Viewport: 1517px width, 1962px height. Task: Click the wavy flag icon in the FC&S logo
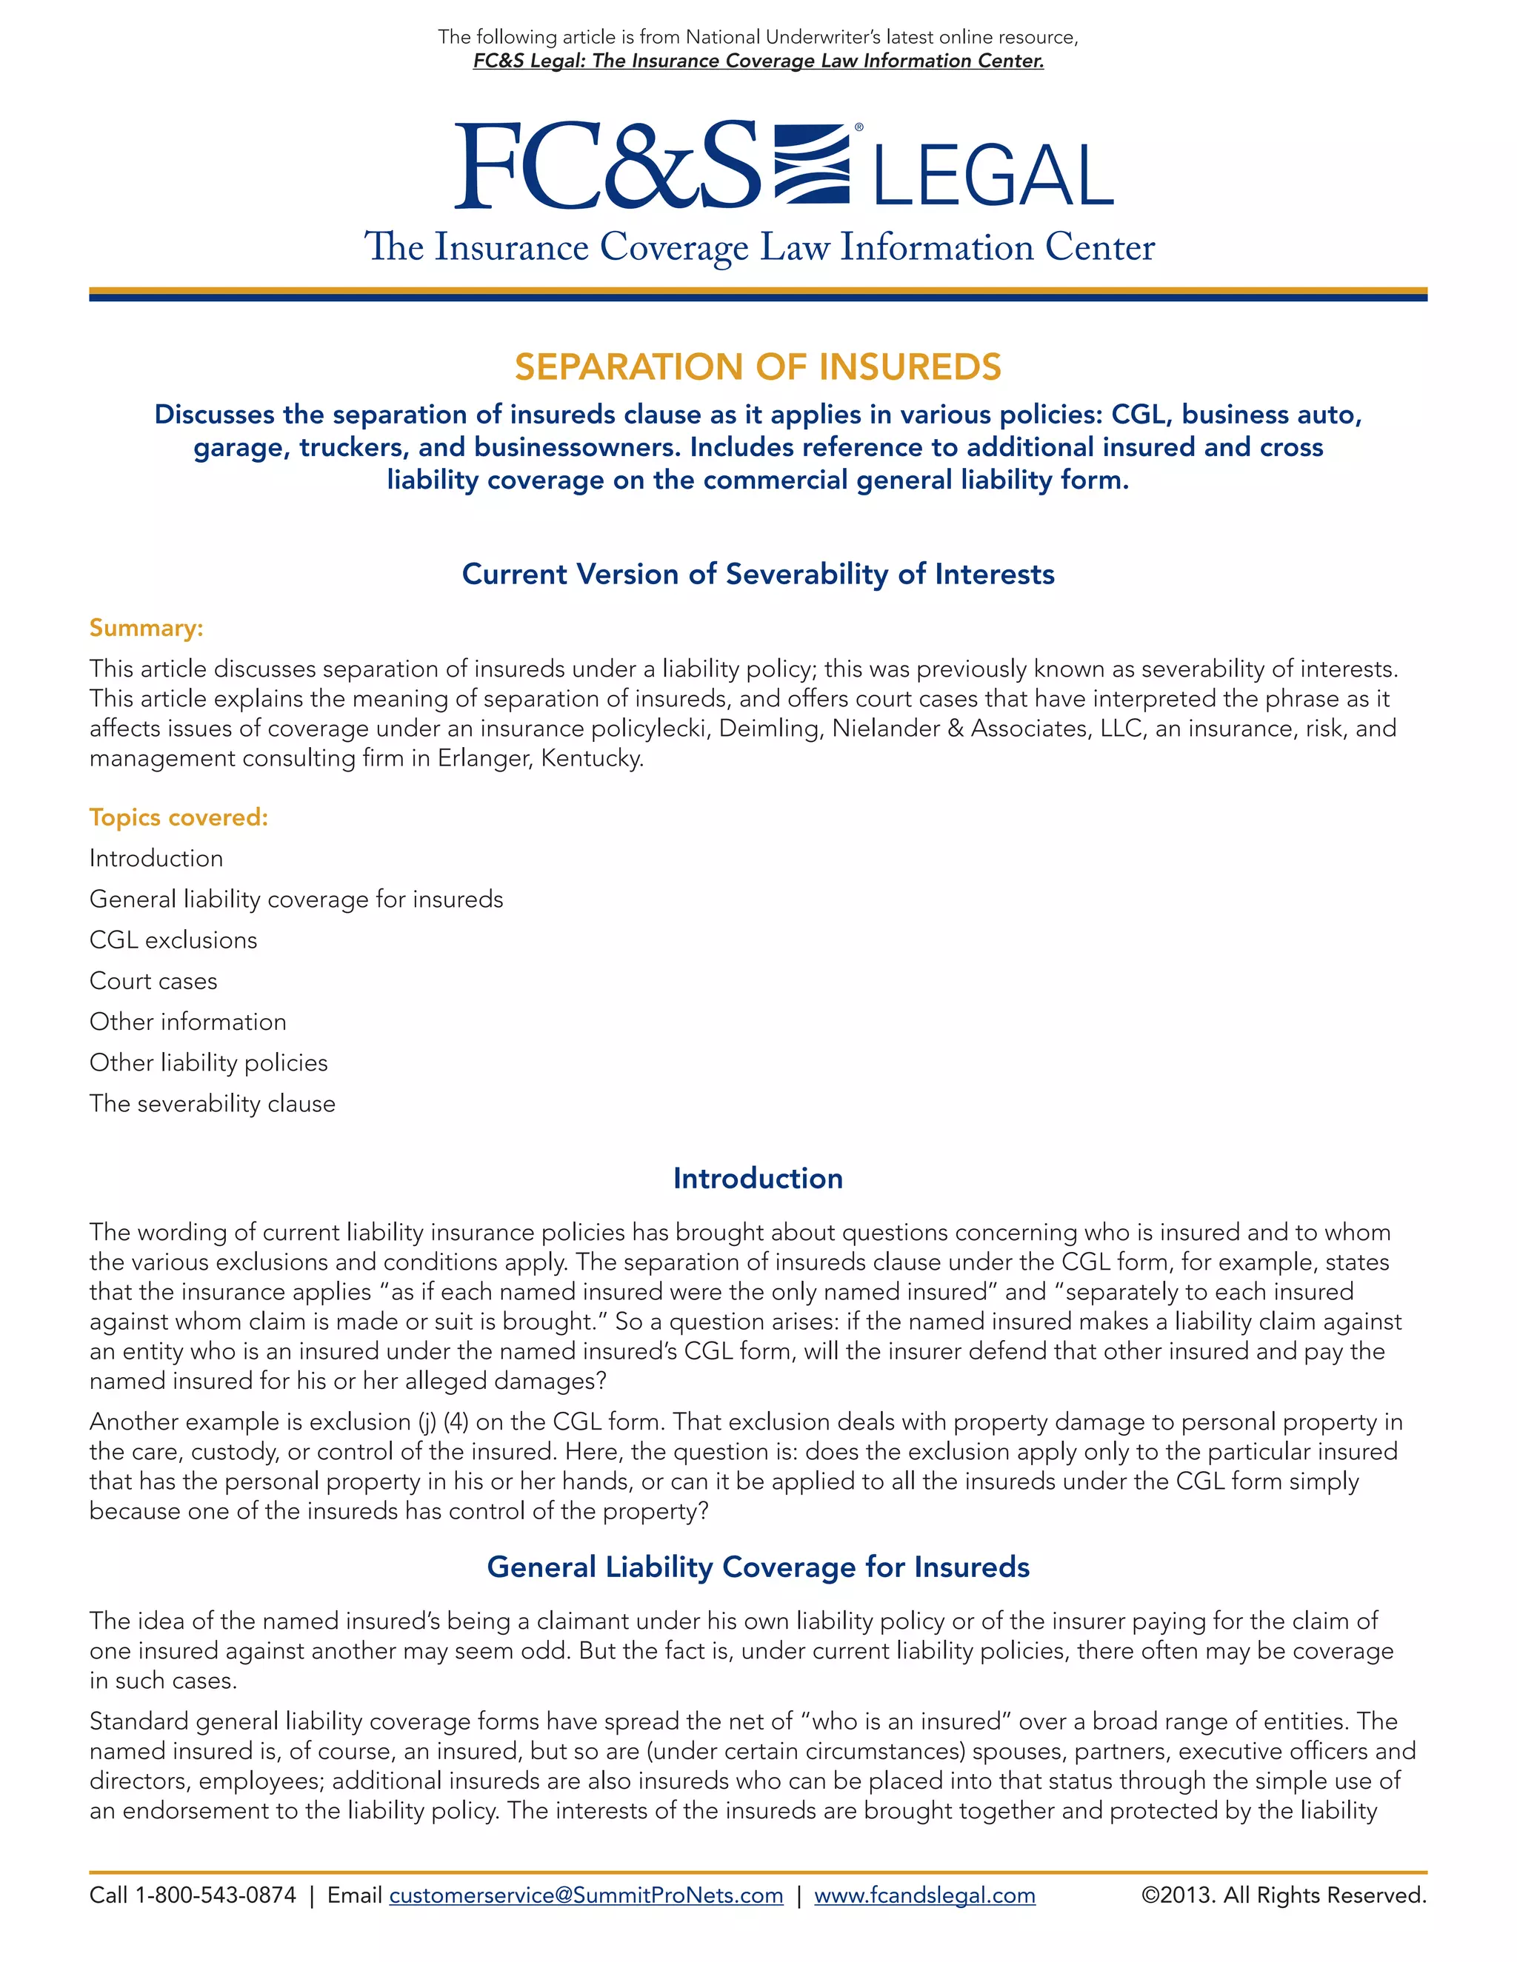[x=812, y=164]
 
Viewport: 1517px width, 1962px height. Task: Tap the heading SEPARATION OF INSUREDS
[x=758, y=366]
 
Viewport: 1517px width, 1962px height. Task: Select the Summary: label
[x=147, y=628]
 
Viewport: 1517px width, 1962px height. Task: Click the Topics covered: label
[x=179, y=817]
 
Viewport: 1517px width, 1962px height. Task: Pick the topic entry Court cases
[x=153, y=981]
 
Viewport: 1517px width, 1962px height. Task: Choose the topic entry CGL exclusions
[x=173, y=940]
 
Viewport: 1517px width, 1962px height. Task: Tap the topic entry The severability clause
[x=212, y=1104]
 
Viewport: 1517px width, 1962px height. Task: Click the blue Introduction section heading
[x=758, y=1179]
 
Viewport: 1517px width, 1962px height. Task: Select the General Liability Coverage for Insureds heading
[x=758, y=1567]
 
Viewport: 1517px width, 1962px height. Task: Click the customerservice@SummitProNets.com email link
[x=586, y=1895]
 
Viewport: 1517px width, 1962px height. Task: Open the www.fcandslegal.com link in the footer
[x=924, y=1895]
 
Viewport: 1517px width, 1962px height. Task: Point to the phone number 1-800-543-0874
[x=216, y=1895]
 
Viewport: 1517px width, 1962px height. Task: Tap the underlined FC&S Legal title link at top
[x=758, y=61]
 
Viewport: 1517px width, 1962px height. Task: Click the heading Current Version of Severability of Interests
[x=758, y=574]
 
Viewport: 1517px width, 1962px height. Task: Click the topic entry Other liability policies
[x=208, y=1062]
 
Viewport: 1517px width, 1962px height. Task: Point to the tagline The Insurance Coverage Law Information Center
[x=758, y=247]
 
